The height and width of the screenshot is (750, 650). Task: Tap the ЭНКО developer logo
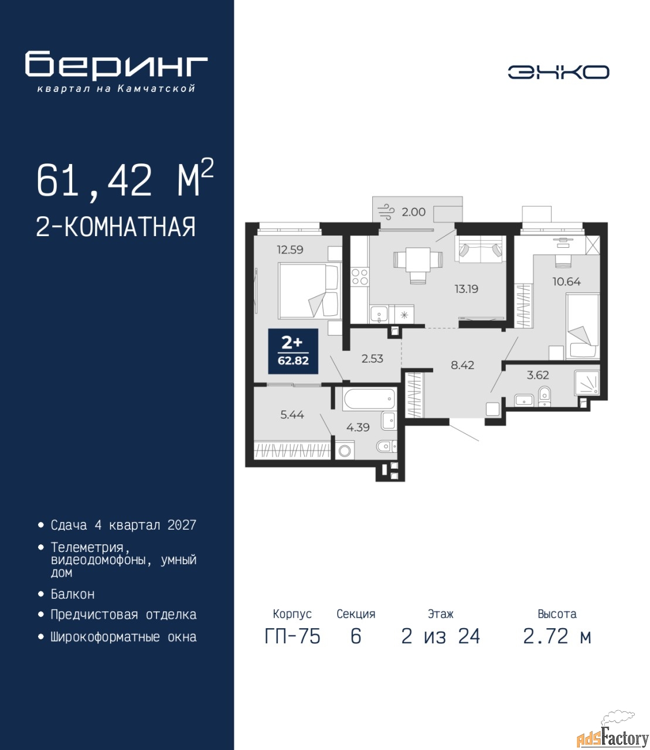click(x=558, y=72)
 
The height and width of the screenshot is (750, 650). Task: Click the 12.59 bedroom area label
click(x=290, y=250)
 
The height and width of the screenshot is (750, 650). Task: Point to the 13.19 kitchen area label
click(x=467, y=289)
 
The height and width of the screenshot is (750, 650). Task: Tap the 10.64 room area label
click(x=567, y=281)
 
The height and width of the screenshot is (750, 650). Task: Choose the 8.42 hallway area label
click(x=462, y=364)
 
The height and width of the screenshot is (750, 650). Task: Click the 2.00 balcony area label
click(x=413, y=212)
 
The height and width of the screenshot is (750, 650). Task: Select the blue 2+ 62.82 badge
click(x=293, y=351)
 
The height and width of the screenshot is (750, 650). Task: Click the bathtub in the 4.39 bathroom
click(x=369, y=399)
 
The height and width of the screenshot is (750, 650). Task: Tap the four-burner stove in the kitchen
click(x=360, y=277)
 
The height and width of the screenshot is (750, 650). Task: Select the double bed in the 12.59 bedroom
click(x=309, y=291)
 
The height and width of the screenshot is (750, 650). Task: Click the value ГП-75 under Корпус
click(x=292, y=636)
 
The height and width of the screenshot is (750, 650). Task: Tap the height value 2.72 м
click(x=557, y=636)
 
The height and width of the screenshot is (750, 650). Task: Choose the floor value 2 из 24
click(x=441, y=636)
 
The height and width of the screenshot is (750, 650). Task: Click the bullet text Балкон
click(x=73, y=594)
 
